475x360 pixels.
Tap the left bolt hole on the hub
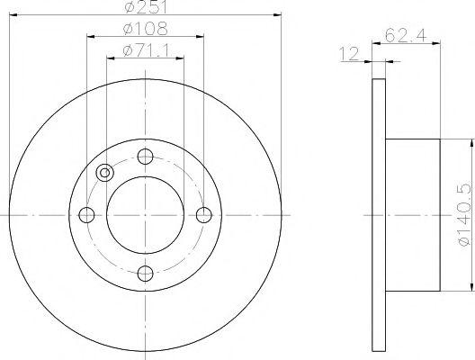click(x=87, y=214)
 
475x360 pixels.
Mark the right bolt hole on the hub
click(x=204, y=214)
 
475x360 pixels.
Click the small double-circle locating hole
click(x=105, y=173)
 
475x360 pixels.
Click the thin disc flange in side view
click(x=377, y=214)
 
